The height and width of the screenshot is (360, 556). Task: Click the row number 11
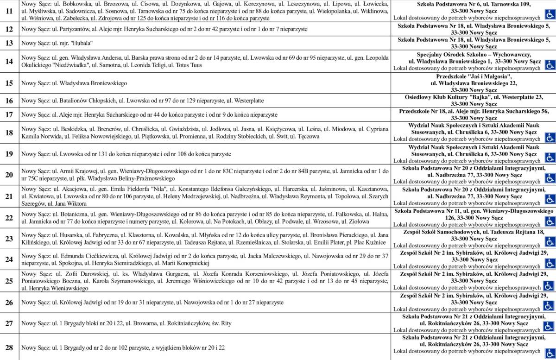click(x=9, y=11)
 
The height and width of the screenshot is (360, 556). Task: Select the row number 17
click(x=9, y=114)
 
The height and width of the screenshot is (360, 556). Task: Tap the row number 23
click(x=9, y=239)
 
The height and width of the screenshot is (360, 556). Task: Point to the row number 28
click(x=9, y=347)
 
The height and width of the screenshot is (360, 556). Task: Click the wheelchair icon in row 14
click(x=550, y=64)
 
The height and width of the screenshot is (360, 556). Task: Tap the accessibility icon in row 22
click(x=550, y=219)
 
